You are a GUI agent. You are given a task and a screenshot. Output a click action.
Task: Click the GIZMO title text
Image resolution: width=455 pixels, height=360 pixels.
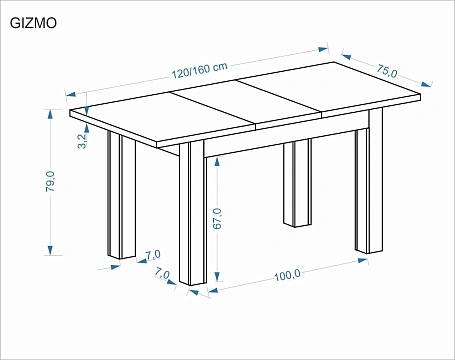click(x=33, y=23)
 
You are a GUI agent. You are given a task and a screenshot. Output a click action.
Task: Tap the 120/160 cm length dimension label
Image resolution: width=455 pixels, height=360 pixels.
click(x=199, y=70)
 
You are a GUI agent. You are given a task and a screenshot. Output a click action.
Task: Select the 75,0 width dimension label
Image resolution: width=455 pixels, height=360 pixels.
click(x=387, y=71)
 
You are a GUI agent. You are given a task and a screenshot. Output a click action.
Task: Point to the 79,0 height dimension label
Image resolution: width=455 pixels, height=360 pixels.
click(x=50, y=181)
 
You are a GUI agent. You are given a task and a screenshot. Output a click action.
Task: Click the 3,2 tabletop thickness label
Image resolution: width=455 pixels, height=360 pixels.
click(x=82, y=141)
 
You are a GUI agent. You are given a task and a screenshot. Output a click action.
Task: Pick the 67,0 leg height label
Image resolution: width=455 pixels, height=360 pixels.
click(x=217, y=218)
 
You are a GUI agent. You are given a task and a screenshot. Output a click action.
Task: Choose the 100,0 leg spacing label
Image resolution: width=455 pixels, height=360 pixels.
click(x=287, y=275)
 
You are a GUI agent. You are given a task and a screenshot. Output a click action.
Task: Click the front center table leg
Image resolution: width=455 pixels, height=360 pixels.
click(x=192, y=213)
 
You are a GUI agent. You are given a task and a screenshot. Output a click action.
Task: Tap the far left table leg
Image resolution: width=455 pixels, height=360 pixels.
click(x=121, y=195)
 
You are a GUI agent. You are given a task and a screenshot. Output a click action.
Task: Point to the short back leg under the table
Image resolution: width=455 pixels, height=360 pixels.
click(x=297, y=183)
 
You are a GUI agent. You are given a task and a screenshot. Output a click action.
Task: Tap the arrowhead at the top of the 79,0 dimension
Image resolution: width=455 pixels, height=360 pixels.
click(x=50, y=114)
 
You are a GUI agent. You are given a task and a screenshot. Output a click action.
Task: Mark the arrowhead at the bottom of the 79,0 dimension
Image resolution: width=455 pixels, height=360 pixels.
click(x=50, y=250)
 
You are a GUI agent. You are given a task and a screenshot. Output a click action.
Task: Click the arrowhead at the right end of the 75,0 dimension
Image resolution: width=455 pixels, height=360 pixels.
click(x=426, y=84)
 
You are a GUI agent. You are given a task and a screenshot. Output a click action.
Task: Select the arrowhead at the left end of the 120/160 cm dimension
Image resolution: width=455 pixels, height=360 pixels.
click(x=71, y=94)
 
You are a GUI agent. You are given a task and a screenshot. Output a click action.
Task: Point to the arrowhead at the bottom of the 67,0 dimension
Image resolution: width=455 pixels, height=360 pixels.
click(x=217, y=277)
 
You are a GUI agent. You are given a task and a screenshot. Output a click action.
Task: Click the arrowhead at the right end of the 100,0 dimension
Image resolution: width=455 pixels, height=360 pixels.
click(x=363, y=260)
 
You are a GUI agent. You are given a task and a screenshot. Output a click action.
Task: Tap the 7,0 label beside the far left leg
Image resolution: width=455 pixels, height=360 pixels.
click(x=153, y=255)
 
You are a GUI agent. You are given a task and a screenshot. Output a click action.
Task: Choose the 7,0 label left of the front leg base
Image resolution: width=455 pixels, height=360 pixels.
click(x=162, y=275)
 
